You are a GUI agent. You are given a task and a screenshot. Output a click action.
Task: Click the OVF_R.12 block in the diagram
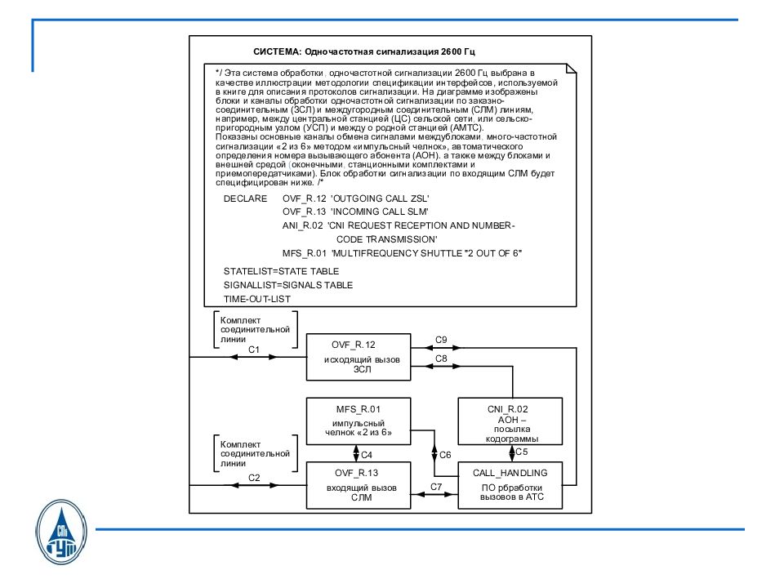[x=358, y=356]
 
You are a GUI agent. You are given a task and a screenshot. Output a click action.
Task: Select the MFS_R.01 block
[x=358, y=421]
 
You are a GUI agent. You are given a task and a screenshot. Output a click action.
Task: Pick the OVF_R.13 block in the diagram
[x=358, y=484]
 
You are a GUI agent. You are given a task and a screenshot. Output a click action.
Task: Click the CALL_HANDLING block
[x=510, y=484]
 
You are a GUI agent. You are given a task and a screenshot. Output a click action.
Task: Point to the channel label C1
[x=253, y=350]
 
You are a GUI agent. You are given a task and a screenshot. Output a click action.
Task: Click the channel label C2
[x=253, y=478]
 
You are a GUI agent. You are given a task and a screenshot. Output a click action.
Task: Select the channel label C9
[x=441, y=338]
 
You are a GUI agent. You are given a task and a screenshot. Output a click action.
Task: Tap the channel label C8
[x=441, y=359]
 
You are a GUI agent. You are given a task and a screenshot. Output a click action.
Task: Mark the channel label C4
[x=367, y=455]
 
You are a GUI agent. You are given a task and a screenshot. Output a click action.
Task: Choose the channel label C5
[x=522, y=452]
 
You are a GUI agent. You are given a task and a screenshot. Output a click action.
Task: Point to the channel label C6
[x=445, y=455]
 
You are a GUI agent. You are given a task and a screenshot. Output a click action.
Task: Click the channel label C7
[x=436, y=487]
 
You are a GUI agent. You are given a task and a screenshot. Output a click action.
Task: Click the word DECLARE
[x=245, y=199]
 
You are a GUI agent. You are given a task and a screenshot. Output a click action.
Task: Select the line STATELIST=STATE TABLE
[x=281, y=271]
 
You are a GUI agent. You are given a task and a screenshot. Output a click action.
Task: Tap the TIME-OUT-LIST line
[x=256, y=299]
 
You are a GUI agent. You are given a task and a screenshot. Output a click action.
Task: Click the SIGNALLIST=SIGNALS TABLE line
[x=287, y=285]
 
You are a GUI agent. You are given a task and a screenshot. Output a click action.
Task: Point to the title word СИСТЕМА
[x=277, y=51]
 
